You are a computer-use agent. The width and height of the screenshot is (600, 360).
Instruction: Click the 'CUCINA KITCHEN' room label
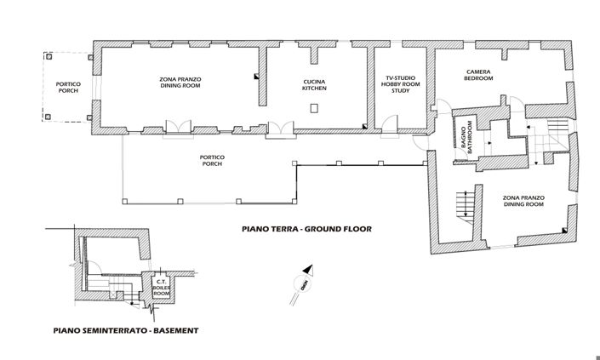coord(315,86)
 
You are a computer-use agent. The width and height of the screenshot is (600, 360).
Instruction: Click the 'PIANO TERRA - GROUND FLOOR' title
coord(306,229)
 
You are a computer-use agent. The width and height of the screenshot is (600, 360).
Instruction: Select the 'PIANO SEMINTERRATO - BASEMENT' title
coord(125,330)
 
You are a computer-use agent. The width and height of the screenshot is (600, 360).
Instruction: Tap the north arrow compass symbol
coord(304,277)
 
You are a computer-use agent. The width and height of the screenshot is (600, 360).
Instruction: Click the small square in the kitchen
coord(315,108)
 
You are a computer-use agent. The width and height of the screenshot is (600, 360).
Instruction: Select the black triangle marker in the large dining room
coord(254,77)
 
